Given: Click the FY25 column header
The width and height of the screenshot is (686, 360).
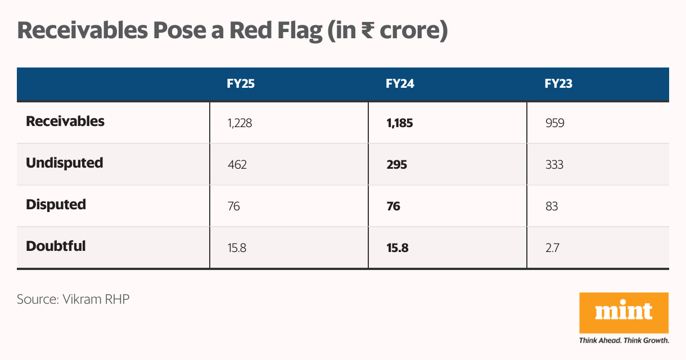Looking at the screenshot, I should [241, 84].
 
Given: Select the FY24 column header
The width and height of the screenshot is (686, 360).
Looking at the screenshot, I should [400, 84].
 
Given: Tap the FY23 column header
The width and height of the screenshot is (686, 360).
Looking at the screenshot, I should [559, 84].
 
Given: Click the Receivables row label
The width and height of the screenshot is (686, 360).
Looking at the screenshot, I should [65, 121].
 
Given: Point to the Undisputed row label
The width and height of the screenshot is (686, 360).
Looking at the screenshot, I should [65, 163].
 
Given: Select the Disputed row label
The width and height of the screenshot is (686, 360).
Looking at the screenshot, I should [56, 205].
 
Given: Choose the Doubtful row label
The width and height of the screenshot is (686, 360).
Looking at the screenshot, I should [56, 246].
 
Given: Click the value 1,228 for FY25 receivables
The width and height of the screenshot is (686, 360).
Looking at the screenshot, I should [240, 123].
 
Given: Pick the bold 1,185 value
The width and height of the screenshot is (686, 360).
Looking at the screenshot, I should [399, 123].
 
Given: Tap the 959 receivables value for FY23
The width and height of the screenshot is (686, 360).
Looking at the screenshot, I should [554, 123].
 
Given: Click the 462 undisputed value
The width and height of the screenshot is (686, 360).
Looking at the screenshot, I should [237, 165].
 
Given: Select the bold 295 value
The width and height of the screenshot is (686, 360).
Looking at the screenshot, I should [397, 165].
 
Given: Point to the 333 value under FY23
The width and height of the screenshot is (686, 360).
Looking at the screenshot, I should [554, 165].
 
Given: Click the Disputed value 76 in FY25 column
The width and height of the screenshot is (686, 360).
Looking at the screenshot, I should [234, 206].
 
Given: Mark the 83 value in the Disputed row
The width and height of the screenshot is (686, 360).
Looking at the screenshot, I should [552, 206].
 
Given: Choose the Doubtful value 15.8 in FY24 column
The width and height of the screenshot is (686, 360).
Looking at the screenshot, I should [397, 248].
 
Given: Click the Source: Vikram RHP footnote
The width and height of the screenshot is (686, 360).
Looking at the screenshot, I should [73, 299].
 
